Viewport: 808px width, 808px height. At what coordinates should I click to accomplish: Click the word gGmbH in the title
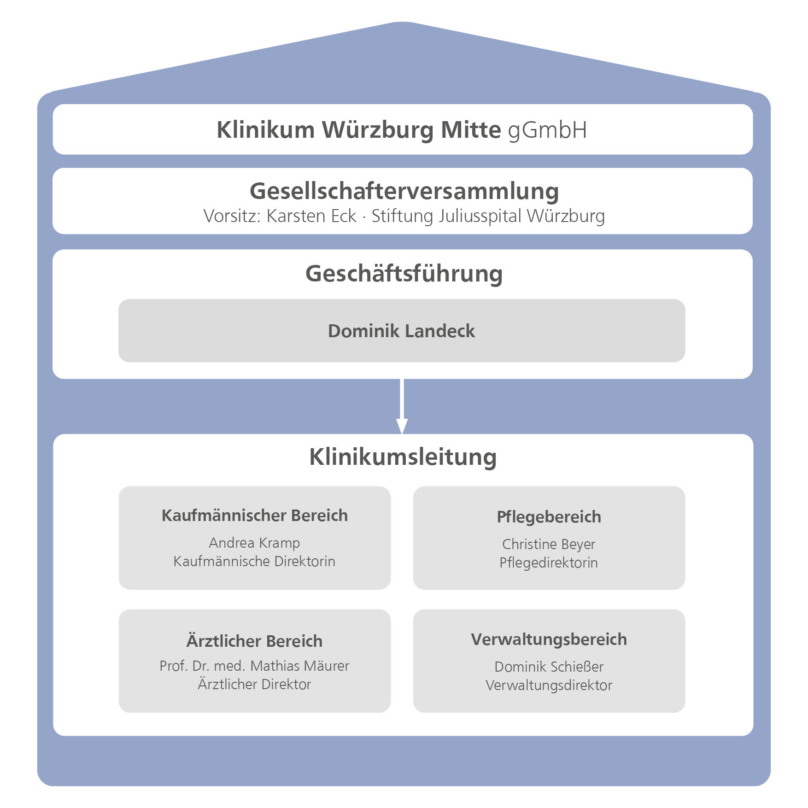click(x=547, y=130)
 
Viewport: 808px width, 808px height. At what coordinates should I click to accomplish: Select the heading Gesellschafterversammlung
click(x=404, y=191)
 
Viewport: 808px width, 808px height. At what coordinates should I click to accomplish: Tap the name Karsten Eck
click(x=311, y=216)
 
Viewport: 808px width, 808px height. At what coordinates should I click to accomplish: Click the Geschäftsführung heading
click(x=404, y=274)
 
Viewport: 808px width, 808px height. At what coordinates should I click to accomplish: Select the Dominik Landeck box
click(x=401, y=331)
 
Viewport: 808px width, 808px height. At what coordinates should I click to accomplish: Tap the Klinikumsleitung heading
click(x=403, y=457)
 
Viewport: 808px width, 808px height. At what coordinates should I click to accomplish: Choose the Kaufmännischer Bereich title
click(x=254, y=515)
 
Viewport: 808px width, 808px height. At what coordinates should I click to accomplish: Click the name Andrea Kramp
click(x=254, y=543)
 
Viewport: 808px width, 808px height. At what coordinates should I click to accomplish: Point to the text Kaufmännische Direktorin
click(x=254, y=561)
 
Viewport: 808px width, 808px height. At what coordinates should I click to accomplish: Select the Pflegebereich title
click(x=549, y=517)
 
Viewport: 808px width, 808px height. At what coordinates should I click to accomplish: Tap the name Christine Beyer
click(x=549, y=544)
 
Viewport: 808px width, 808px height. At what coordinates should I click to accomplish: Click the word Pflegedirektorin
click(x=549, y=562)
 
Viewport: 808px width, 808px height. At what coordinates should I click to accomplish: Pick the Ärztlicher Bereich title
click(x=254, y=641)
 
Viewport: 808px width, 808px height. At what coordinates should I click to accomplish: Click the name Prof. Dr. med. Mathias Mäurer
click(x=254, y=666)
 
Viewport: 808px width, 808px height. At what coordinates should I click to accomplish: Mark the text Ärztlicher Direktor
click(x=254, y=684)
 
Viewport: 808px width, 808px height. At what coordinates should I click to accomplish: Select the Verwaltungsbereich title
click(x=549, y=639)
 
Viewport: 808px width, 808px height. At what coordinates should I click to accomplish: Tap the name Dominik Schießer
click(x=549, y=667)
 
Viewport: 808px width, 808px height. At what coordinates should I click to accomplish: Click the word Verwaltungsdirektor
click(x=549, y=685)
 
